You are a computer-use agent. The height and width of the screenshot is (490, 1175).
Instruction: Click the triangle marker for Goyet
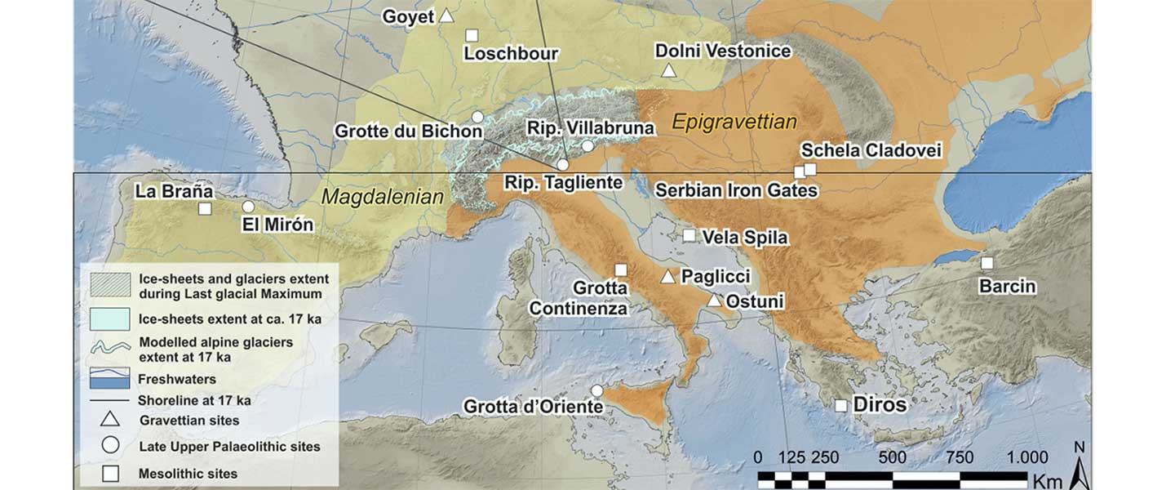pyautogui.click(x=446, y=16)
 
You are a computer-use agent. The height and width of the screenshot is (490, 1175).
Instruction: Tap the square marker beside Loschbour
pyautogui.click(x=472, y=35)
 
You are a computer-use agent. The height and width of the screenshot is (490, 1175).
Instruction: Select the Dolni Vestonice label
pyautogui.click(x=723, y=51)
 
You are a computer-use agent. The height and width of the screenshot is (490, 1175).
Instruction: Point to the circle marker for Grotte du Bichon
pyautogui.click(x=477, y=117)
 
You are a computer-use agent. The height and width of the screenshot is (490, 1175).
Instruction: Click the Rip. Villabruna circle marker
pyautogui.click(x=587, y=146)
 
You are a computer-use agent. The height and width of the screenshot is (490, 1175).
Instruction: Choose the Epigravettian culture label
pyautogui.click(x=734, y=123)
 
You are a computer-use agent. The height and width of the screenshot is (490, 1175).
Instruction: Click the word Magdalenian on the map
pyautogui.click(x=382, y=197)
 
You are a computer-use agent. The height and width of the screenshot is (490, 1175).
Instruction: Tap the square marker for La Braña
pyautogui.click(x=205, y=208)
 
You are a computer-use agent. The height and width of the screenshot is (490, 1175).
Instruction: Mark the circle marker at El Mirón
pyautogui.click(x=248, y=207)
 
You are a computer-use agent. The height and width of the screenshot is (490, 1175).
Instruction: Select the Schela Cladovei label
pyautogui.click(x=871, y=151)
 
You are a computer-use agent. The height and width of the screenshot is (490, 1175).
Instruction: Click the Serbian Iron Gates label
pyautogui.click(x=737, y=191)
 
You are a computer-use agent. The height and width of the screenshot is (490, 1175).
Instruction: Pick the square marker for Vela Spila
pyautogui.click(x=689, y=236)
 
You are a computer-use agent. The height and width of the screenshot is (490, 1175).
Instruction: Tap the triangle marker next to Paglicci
pyautogui.click(x=668, y=277)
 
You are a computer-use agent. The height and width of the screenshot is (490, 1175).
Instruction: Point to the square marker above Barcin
pyautogui.click(x=987, y=263)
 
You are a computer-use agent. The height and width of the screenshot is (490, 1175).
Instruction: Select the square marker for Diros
pyautogui.click(x=841, y=405)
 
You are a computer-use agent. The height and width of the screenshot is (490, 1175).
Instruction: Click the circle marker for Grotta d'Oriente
pyautogui.click(x=596, y=390)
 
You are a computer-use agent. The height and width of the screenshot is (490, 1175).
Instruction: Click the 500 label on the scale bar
pyautogui.click(x=893, y=457)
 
